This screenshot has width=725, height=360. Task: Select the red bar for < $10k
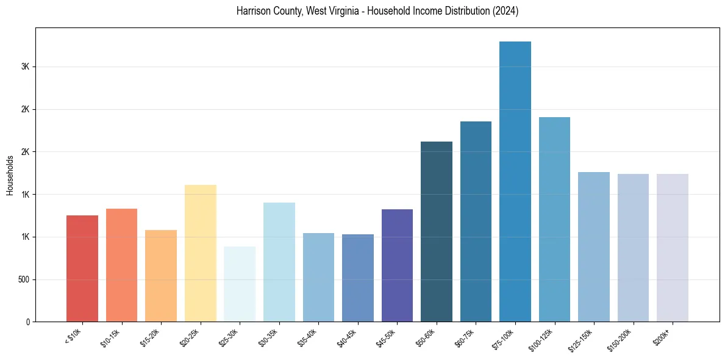click(x=82, y=268)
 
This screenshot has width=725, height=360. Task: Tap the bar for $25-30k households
click(x=240, y=284)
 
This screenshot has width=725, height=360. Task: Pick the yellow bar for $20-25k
click(x=201, y=253)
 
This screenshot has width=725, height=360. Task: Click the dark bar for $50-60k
click(x=437, y=232)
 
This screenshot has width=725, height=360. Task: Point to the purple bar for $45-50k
click(x=397, y=265)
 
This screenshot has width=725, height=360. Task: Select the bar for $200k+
click(x=673, y=248)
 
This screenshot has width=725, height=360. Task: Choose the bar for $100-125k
click(x=554, y=220)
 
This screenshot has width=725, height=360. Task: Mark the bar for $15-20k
click(x=161, y=276)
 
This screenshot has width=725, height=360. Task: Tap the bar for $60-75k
click(x=476, y=221)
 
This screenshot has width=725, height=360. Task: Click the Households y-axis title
click(x=10, y=175)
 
